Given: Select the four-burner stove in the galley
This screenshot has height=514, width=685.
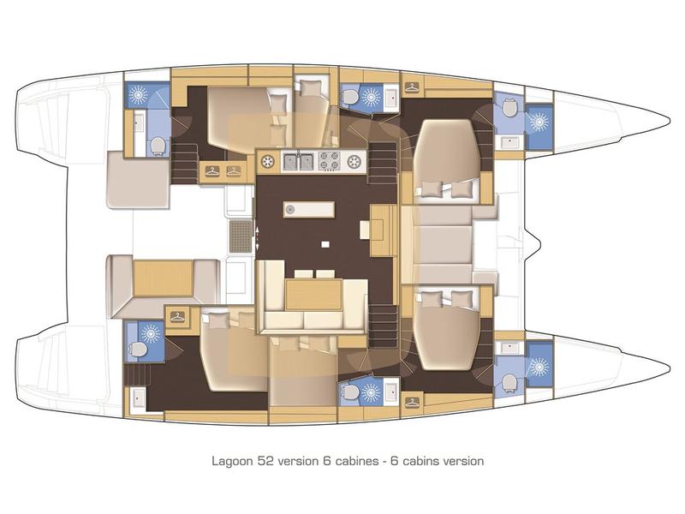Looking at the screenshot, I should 330,159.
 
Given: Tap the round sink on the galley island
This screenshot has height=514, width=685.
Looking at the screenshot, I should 291,208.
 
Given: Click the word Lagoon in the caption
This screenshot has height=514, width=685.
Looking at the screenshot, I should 232,460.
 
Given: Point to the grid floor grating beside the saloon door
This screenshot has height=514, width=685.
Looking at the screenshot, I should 242,234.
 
